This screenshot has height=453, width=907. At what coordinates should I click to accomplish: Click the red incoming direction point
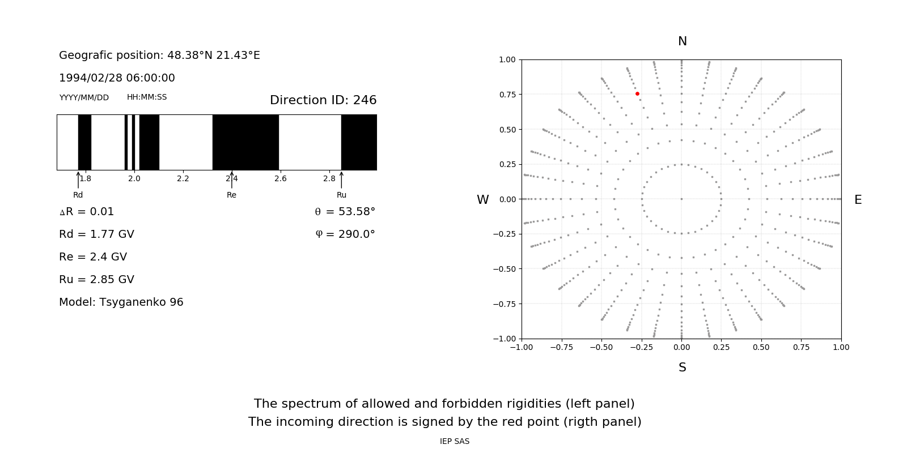(x=637, y=93)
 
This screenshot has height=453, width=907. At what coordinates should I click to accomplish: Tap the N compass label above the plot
(x=683, y=41)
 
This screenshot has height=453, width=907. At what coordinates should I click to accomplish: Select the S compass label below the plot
(x=683, y=367)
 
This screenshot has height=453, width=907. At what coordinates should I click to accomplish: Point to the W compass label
(x=482, y=200)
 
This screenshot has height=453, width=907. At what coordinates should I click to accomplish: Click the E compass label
(x=858, y=200)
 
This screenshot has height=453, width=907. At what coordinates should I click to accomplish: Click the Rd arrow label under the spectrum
(x=78, y=195)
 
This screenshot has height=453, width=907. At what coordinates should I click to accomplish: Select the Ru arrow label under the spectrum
(x=341, y=195)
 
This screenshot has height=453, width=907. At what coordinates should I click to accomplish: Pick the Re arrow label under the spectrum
(x=231, y=195)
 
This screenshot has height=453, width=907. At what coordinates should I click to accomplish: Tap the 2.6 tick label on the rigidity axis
(x=281, y=178)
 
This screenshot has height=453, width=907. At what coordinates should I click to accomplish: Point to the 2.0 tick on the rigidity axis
(x=134, y=178)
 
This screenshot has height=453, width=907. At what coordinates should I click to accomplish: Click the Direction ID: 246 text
(x=323, y=100)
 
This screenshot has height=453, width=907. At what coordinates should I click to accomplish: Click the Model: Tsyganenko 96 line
(x=121, y=302)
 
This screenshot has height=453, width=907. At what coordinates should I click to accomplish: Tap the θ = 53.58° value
(x=345, y=211)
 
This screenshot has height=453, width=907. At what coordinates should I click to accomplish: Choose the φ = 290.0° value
(x=345, y=234)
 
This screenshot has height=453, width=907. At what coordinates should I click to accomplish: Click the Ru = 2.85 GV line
(x=96, y=279)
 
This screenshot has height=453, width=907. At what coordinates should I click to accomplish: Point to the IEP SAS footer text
(x=455, y=441)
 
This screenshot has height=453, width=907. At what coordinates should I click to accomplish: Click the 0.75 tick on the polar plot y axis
(x=507, y=95)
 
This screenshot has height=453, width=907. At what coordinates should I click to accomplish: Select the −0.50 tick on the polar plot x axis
(x=601, y=347)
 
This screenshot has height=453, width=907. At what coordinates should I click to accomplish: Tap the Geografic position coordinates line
(x=159, y=55)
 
